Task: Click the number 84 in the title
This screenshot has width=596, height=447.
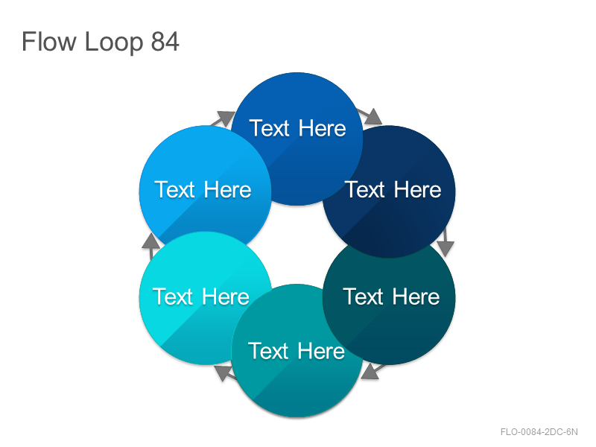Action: [x=165, y=42]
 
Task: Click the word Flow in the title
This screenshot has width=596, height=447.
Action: [x=48, y=42]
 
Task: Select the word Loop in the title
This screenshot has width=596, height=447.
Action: [x=114, y=43]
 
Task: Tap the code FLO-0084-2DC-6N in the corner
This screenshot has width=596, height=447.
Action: [x=539, y=432]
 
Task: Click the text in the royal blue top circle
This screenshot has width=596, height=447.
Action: [x=297, y=128]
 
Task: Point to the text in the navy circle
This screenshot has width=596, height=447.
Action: [x=393, y=189]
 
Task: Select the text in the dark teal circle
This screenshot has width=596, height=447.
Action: [x=392, y=297]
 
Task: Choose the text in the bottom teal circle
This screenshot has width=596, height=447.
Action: [x=297, y=350]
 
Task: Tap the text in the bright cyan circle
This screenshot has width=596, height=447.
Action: [x=201, y=297]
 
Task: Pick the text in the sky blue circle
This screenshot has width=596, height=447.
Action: [x=203, y=189]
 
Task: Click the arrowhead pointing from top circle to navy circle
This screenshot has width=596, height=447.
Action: [x=373, y=117]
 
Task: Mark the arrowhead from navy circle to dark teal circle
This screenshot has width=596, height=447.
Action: [x=446, y=248]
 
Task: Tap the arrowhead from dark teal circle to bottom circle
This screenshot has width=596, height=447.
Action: [x=370, y=372]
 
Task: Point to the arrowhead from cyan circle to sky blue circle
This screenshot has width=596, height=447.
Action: [x=151, y=241]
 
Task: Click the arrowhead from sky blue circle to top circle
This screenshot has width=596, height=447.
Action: [x=226, y=118]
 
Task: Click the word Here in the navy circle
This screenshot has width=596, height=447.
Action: [x=418, y=189]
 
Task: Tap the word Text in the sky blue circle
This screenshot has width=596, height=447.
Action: [x=174, y=189]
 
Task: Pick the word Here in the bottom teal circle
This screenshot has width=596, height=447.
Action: [x=321, y=350]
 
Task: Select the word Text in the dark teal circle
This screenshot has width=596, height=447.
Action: [x=363, y=297]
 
